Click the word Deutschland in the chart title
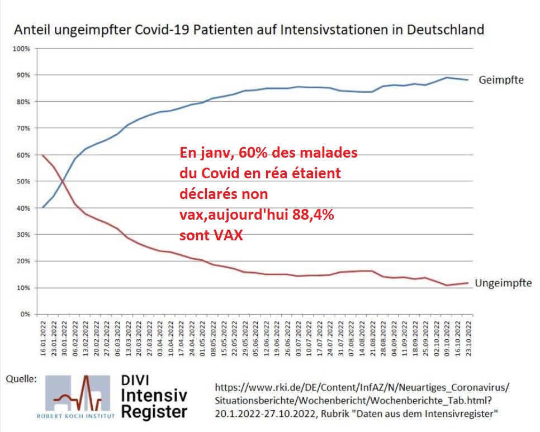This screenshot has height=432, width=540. pos(444,29)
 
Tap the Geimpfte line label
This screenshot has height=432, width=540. pos(501,80)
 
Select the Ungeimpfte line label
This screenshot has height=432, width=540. pos(503,283)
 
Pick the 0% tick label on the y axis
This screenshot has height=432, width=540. pos(25,315)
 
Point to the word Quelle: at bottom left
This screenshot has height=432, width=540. pos(21,379)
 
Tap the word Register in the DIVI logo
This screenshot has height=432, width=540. pos(154,412)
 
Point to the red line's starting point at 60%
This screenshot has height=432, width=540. pos(43,155)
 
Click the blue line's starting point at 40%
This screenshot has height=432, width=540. pos(43,208)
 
